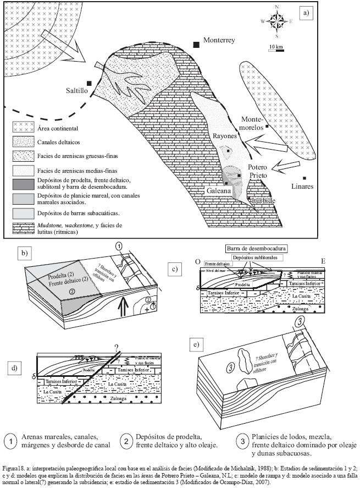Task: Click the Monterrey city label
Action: coord(219,40)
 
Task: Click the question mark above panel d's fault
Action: coord(116,346)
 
